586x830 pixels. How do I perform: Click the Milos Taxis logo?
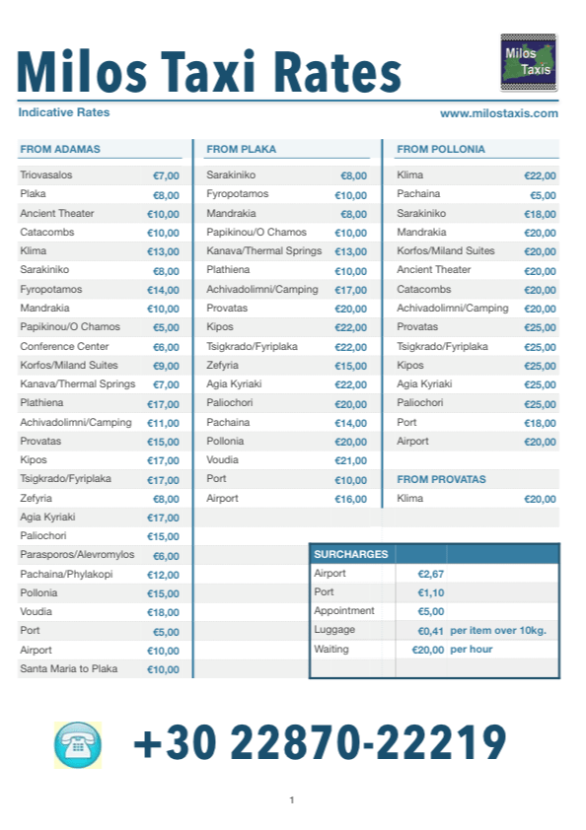(529, 62)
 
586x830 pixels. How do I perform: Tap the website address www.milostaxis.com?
(499, 113)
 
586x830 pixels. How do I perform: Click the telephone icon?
(79, 744)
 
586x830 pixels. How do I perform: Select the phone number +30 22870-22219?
(320, 743)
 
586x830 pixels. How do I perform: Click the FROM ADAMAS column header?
(60, 150)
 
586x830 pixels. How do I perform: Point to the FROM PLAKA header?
(241, 150)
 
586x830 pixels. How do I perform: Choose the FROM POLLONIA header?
(441, 150)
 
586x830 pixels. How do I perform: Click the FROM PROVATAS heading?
(441, 479)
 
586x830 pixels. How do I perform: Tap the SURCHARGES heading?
(351, 554)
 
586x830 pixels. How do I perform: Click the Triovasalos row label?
(46, 175)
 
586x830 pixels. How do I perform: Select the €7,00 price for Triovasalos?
(166, 175)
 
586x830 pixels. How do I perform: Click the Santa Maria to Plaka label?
(69, 669)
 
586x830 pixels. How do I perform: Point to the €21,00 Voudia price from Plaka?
(350, 460)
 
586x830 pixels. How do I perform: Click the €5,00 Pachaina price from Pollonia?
(543, 195)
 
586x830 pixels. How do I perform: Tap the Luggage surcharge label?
(334, 630)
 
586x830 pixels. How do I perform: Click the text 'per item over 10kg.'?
(498, 630)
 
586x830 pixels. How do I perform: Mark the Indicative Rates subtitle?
(64, 112)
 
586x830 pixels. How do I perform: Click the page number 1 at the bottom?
(292, 799)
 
